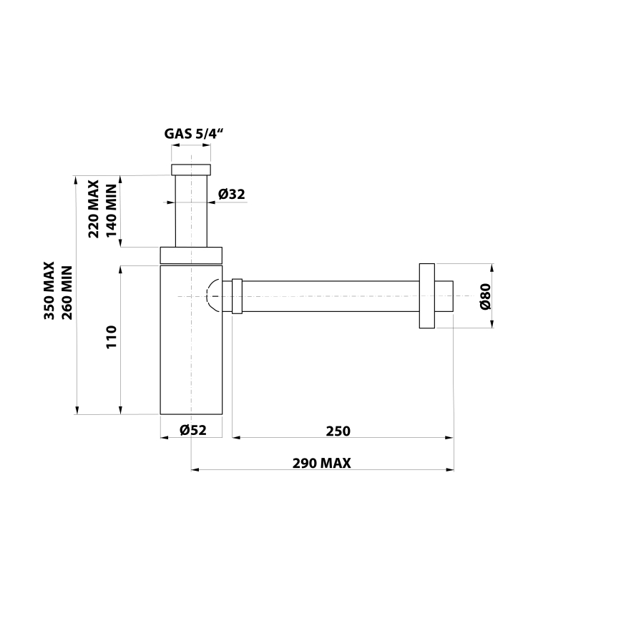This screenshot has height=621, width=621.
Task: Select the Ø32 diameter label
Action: pyautogui.click(x=232, y=194)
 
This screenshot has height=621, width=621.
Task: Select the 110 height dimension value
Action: pyautogui.click(x=111, y=337)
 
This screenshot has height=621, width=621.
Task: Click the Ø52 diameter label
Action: pyautogui.click(x=192, y=430)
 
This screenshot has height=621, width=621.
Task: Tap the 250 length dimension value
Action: pyautogui.click(x=338, y=431)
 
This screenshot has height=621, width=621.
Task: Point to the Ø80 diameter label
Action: pyautogui.click(x=484, y=296)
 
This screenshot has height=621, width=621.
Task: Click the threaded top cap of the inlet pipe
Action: pyautogui.click(x=191, y=170)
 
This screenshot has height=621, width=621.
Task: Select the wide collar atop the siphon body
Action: pyautogui.click(x=191, y=255)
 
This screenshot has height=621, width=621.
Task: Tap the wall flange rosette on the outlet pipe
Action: pyautogui.click(x=427, y=296)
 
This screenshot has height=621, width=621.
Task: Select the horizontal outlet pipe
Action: pyautogui.click(x=329, y=296)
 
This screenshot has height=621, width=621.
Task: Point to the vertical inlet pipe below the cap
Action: pyautogui.click(x=191, y=211)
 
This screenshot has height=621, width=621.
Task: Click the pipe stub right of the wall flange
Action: pyautogui.click(x=444, y=296)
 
